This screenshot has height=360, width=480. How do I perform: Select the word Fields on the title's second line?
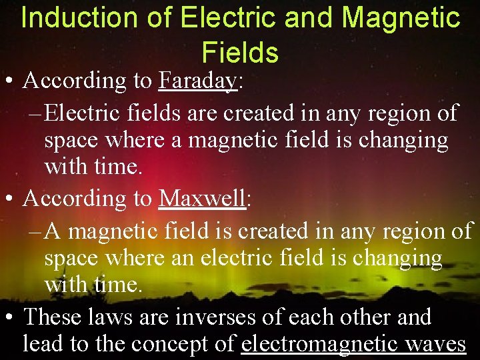click(240, 52)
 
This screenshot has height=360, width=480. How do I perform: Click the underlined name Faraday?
click(198, 81)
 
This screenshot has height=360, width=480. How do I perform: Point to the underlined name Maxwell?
click(203, 199)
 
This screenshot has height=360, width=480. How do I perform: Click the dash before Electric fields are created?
click(37, 113)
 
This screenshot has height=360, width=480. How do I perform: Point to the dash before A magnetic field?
click(37, 231)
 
